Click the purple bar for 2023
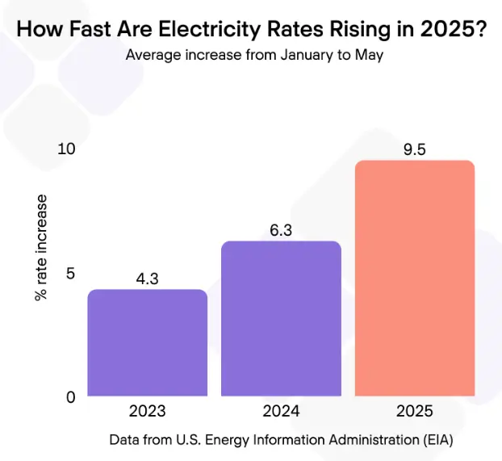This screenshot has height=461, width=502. tap(147, 343)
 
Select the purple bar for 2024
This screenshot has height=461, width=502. tap(281, 319)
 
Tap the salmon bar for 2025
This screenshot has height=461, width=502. tap(414, 279)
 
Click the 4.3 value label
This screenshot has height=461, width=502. tap(147, 279)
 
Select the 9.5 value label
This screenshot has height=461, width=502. tap(414, 149)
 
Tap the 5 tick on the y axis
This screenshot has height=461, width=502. tap(70, 273)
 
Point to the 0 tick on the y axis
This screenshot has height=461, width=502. tap(70, 396)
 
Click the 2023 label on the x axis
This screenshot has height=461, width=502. tap(147, 411)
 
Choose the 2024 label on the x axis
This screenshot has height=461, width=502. tap(281, 411)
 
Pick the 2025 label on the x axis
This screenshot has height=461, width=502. tap(414, 411)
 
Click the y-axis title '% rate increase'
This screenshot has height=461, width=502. tap(41, 247)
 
